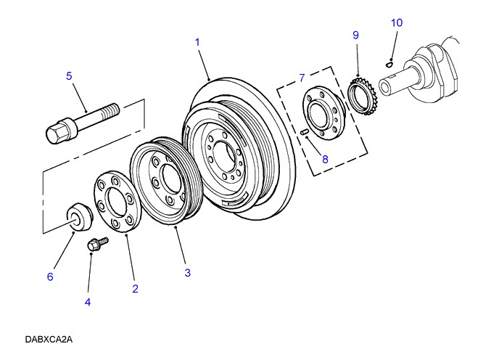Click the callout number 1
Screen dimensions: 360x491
[x=197, y=43]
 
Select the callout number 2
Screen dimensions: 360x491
[x=135, y=289]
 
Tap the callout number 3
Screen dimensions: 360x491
[x=187, y=273]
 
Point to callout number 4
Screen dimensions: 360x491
[x=88, y=303]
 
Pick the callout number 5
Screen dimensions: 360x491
[x=69, y=75]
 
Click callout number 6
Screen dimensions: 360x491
[x=50, y=276]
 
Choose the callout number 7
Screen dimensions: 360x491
[x=302, y=76]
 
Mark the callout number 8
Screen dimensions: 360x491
[x=325, y=158]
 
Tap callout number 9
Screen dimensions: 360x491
[x=355, y=35]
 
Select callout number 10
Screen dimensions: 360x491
[x=396, y=22]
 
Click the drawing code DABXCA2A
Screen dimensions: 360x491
[x=49, y=339]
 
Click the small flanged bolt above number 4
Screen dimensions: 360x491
[x=95, y=245]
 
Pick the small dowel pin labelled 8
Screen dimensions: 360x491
[x=305, y=131]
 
